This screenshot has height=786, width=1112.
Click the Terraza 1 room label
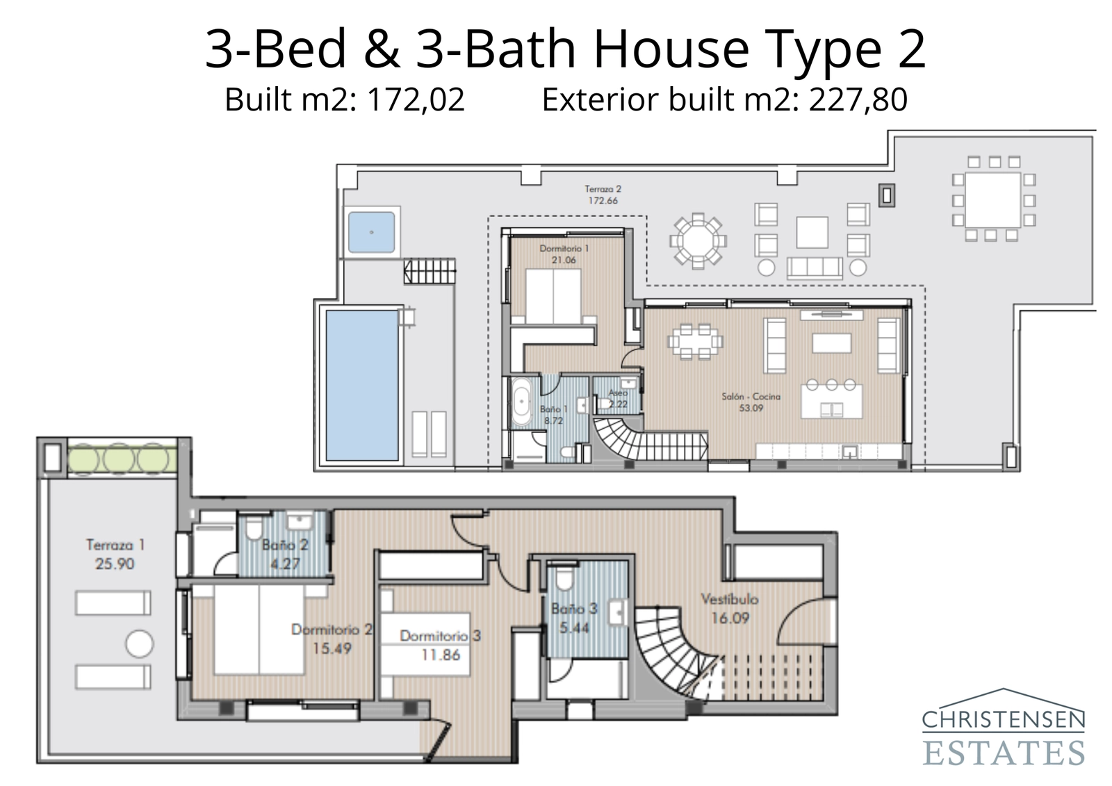(115, 545)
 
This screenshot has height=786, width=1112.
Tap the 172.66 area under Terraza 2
(603, 201)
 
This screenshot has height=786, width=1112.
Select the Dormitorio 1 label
(564, 248)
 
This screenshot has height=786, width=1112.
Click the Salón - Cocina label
(751, 396)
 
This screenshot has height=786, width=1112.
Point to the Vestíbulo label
(729, 598)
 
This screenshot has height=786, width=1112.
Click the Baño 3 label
(573, 609)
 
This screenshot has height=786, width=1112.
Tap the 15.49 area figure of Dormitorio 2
(332, 649)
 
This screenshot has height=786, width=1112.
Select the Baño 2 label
(284, 545)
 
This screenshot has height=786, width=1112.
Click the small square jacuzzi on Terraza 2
(371, 232)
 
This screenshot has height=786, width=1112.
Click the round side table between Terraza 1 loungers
(139, 644)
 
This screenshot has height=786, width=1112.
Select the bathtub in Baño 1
(521, 403)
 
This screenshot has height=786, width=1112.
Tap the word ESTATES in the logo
(1004, 753)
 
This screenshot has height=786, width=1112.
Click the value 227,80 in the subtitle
(858, 100)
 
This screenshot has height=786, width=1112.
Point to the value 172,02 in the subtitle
(416, 100)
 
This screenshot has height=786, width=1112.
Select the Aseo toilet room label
(618, 393)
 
